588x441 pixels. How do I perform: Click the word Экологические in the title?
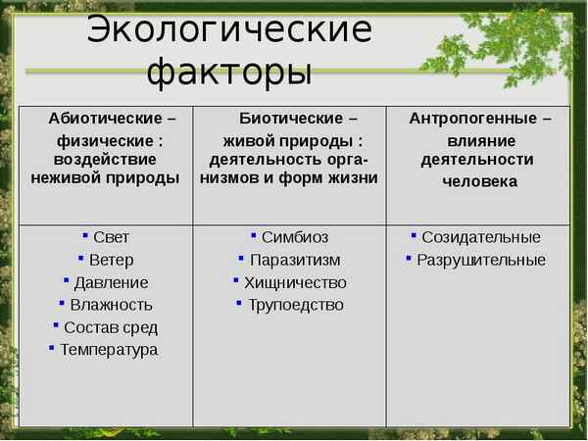coord(229,29)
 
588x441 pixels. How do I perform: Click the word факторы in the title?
coord(229,72)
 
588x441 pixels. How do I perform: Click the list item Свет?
coord(111,237)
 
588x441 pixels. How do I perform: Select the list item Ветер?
coord(111,260)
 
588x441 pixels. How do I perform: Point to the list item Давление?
coord(111,282)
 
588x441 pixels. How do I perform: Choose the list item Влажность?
coord(111,305)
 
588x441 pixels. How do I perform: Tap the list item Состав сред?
coord(111,327)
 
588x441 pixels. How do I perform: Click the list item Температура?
coord(109,350)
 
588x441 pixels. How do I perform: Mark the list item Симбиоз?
coord(295,237)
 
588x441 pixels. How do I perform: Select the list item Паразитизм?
coord(295,260)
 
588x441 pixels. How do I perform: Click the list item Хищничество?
coord(295,282)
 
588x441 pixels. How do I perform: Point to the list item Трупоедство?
coord(295,305)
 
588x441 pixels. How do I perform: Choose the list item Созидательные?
coord(481,237)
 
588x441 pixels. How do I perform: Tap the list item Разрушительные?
coord(481,260)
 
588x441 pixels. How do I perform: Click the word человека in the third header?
coord(479,181)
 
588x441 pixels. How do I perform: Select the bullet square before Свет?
coord(86,235)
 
